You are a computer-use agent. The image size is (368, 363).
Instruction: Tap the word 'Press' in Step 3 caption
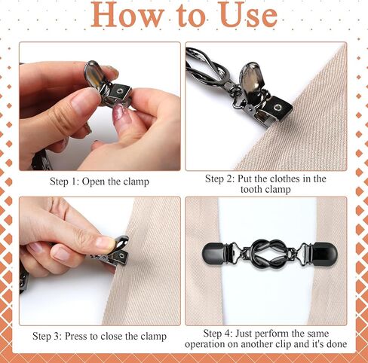84,336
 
